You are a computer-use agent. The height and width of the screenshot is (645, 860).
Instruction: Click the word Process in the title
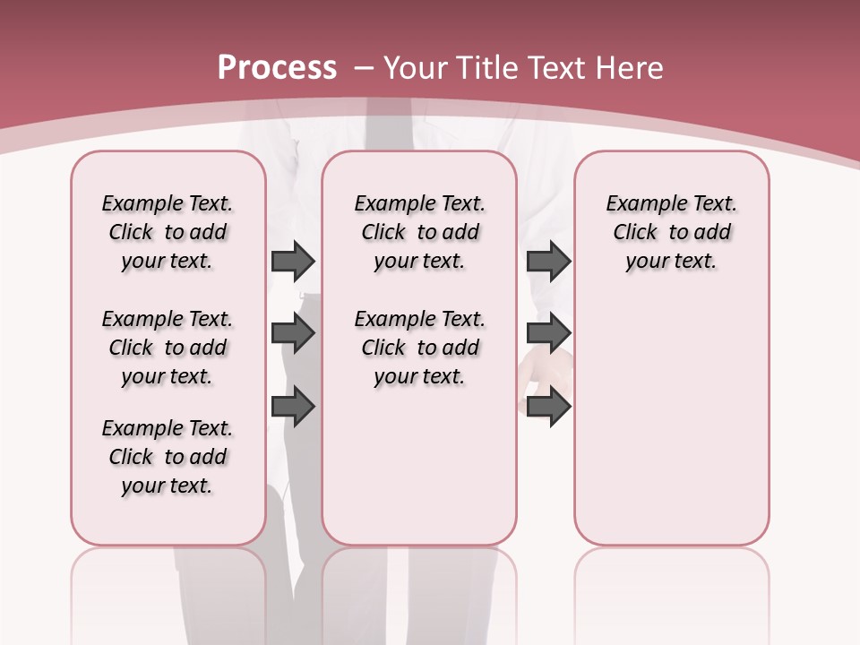click(x=277, y=67)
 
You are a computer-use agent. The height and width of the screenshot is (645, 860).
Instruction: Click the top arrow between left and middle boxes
click(x=293, y=261)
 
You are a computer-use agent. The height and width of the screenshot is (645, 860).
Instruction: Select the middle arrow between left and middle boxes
click(x=293, y=333)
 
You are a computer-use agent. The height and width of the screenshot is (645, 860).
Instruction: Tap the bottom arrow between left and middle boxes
click(x=293, y=407)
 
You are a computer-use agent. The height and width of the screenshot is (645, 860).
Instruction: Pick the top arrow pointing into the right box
click(x=548, y=261)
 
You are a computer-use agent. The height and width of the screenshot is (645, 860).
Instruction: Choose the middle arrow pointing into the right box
click(x=548, y=333)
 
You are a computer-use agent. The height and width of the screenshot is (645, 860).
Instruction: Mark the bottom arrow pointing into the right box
click(x=548, y=407)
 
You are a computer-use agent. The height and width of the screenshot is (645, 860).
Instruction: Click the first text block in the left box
click(x=168, y=232)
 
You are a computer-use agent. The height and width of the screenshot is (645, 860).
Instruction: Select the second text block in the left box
click(x=168, y=348)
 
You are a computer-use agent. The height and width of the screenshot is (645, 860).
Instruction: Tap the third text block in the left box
click(x=168, y=457)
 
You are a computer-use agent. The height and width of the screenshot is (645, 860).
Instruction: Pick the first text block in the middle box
click(x=419, y=232)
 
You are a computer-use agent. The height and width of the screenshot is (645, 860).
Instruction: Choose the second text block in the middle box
click(x=419, y=348)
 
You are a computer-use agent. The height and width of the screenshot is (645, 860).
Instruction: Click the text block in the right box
click(x=671, y=232)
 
